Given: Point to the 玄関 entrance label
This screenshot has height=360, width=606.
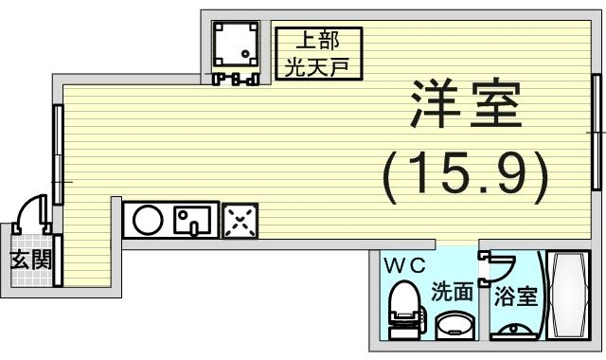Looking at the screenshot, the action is pyautogui.click(x=30, y=261).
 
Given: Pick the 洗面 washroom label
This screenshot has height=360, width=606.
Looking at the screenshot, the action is pyautogui.click(x=452, y=293).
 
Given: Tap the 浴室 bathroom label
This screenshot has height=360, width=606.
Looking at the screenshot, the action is pyautogui.click(x=515, y=297).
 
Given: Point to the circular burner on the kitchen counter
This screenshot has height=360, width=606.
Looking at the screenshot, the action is pyautogui.click(x=147, y=221).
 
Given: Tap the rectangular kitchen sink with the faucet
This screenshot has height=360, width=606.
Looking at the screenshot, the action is pyautogui.click(x=194, y=221).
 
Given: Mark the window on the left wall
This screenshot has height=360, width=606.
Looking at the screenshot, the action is pyautogui.click(x=58, y=154).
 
